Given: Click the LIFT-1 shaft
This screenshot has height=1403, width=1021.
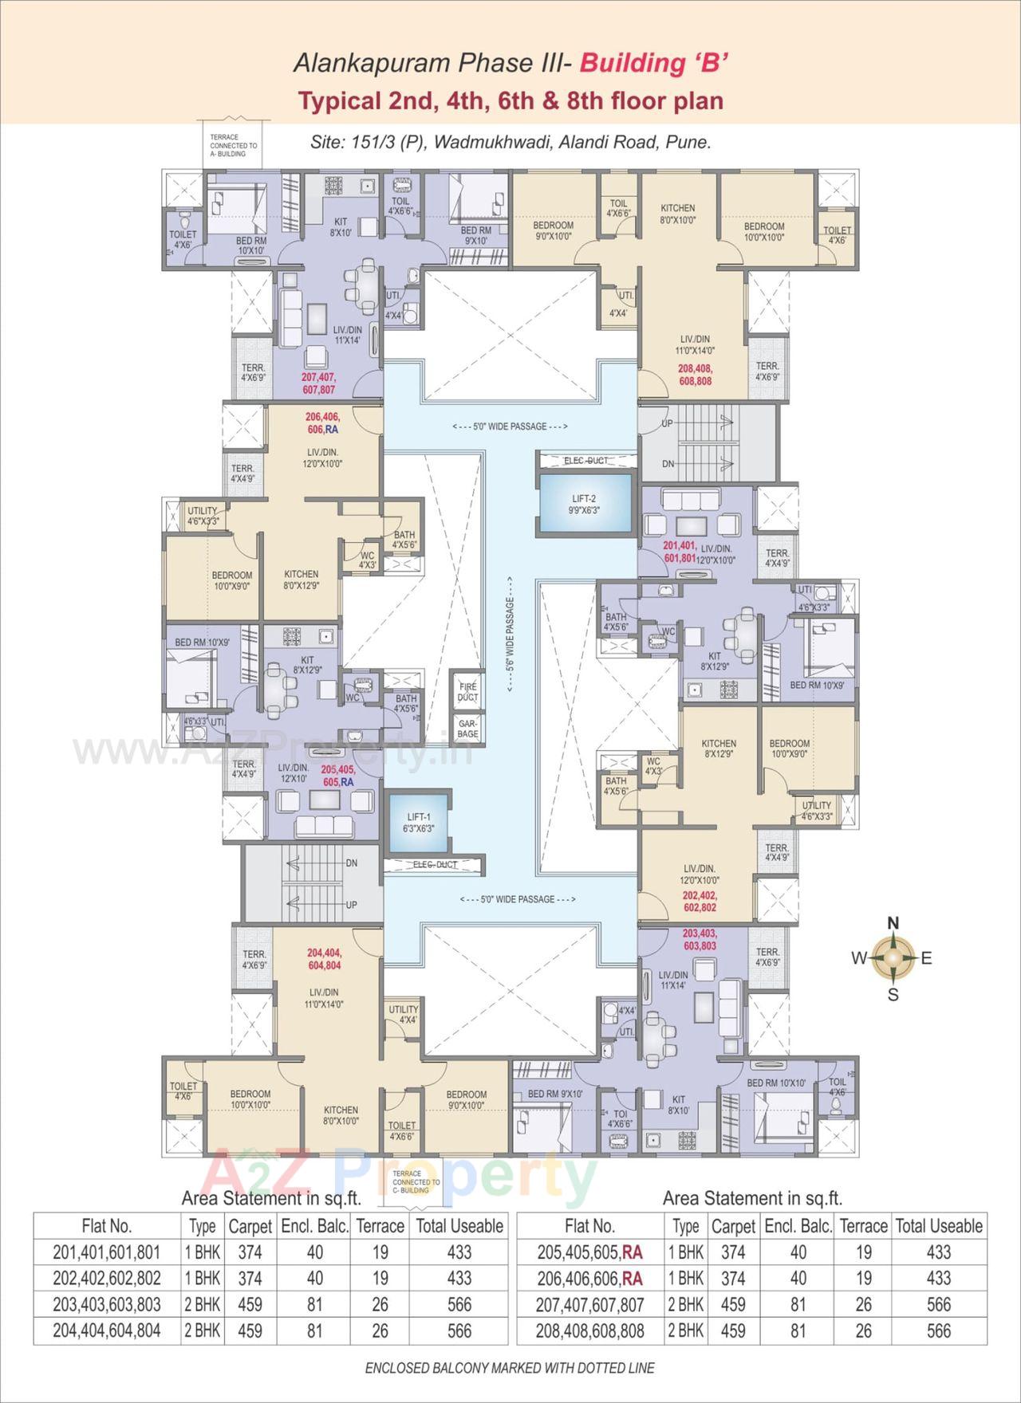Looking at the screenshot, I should [x=418, y=823].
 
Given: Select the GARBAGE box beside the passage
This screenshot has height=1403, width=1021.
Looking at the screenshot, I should [x=467, y=726].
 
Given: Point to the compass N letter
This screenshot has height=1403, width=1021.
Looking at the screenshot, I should [x=893, y=923].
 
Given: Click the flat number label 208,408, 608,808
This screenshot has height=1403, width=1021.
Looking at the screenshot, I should [x=695, y=375].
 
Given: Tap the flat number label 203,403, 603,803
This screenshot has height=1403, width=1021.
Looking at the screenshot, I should [x=699, y=938].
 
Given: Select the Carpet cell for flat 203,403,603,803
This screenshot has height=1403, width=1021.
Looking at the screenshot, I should [x=250, y=1305].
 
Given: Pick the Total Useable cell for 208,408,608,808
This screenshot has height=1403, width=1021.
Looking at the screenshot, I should [x=939, y=1330].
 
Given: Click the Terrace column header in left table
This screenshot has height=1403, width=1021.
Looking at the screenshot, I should [x=380, y=1226].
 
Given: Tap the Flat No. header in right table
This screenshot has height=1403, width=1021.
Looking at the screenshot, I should [x=589, y=1226].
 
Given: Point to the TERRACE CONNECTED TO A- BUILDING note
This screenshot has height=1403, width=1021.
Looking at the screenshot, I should [x=233, y=146].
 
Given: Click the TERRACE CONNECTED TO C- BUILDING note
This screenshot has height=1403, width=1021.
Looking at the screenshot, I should [x=416, y=1181].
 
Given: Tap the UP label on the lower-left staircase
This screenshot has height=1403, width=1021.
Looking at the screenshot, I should [x=351, y=905].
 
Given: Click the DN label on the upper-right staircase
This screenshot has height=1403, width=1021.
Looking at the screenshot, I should [x=668, y=464].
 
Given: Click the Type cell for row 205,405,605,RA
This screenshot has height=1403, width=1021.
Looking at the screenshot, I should [x=686, y=1252].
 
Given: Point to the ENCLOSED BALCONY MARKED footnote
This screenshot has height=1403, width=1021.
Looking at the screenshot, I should [x=510, y=1369].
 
